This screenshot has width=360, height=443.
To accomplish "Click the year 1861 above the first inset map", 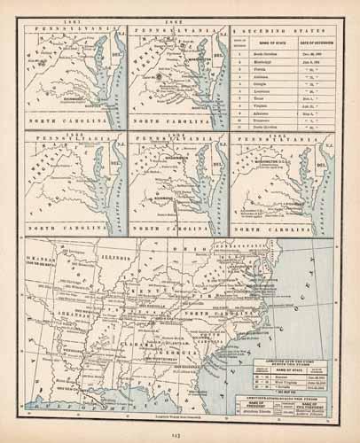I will coord(71,22).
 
